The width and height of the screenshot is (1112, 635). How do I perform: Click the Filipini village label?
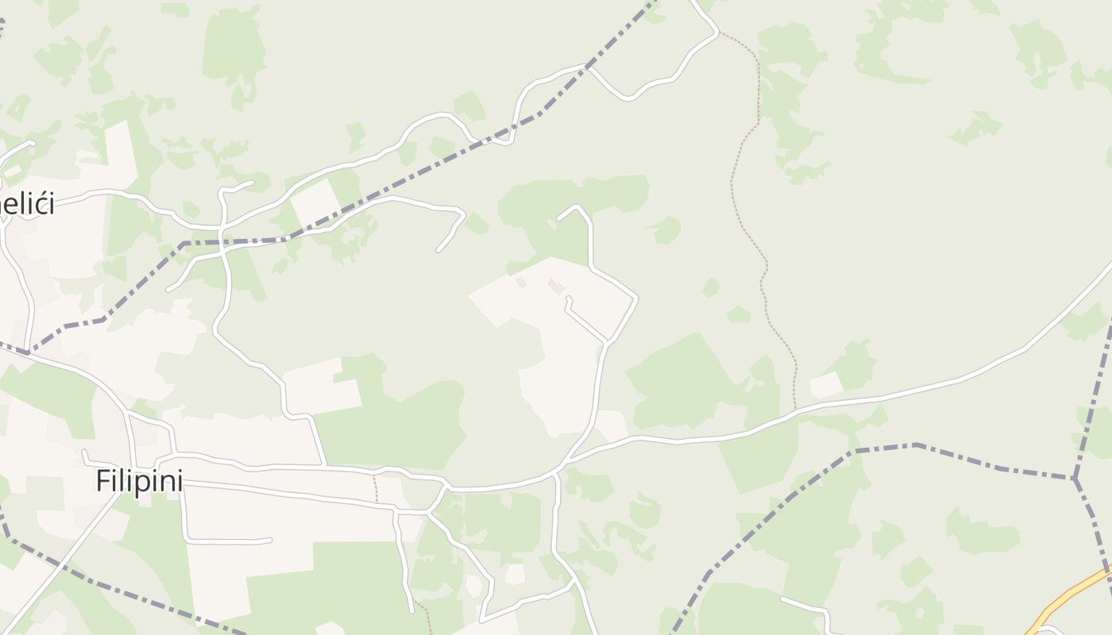(x=139, y=481)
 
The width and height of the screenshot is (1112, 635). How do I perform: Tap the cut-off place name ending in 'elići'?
(x=28, y=204)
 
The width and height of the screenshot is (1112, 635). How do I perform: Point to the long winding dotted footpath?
(x=751, y=238)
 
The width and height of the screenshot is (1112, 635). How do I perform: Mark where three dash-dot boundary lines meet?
(x=1075, y=478)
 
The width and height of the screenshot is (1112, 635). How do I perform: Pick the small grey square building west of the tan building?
(x=520, y=281)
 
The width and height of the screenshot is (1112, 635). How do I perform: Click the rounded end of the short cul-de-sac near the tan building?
(x=567, y=299)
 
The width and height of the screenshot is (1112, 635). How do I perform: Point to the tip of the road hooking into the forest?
(x=559, y=219)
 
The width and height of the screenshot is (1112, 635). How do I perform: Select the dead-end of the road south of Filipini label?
(x=270, y=541)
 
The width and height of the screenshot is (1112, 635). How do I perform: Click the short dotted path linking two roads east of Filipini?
(x=376, y=487)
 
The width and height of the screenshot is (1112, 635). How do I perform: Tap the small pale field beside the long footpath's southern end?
(x=825, y=385)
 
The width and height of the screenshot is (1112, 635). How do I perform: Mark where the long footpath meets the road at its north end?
(x=720, y=33)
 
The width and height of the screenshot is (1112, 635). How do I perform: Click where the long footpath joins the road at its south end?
(x=795, y=411)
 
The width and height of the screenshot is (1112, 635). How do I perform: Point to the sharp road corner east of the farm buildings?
(x=636, y=298)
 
